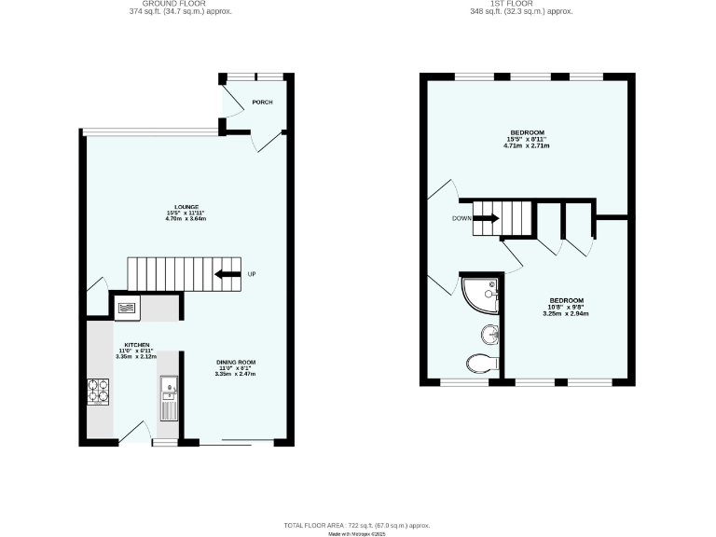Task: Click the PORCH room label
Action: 262,102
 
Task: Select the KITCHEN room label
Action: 126,344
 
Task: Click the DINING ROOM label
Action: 236,362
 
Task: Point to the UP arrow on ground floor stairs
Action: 226,274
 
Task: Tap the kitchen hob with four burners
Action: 99,392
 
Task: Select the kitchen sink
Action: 170,388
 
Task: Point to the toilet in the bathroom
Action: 485,364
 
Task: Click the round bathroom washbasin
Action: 490,333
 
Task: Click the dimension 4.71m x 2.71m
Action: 527,146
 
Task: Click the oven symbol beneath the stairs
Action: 126,306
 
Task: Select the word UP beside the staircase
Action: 252,274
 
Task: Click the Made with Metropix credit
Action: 358,534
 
